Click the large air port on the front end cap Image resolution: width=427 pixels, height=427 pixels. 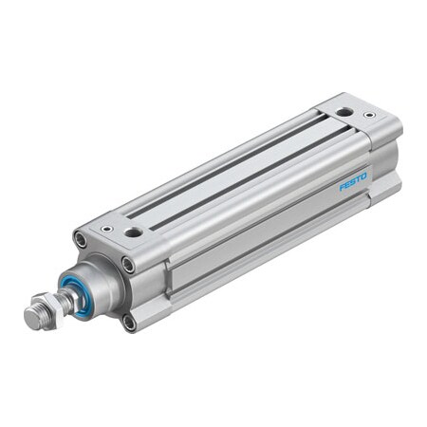point(134,232)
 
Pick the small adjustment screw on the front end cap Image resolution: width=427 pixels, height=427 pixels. point(107,228)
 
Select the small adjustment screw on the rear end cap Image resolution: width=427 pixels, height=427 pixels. point(369,116)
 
